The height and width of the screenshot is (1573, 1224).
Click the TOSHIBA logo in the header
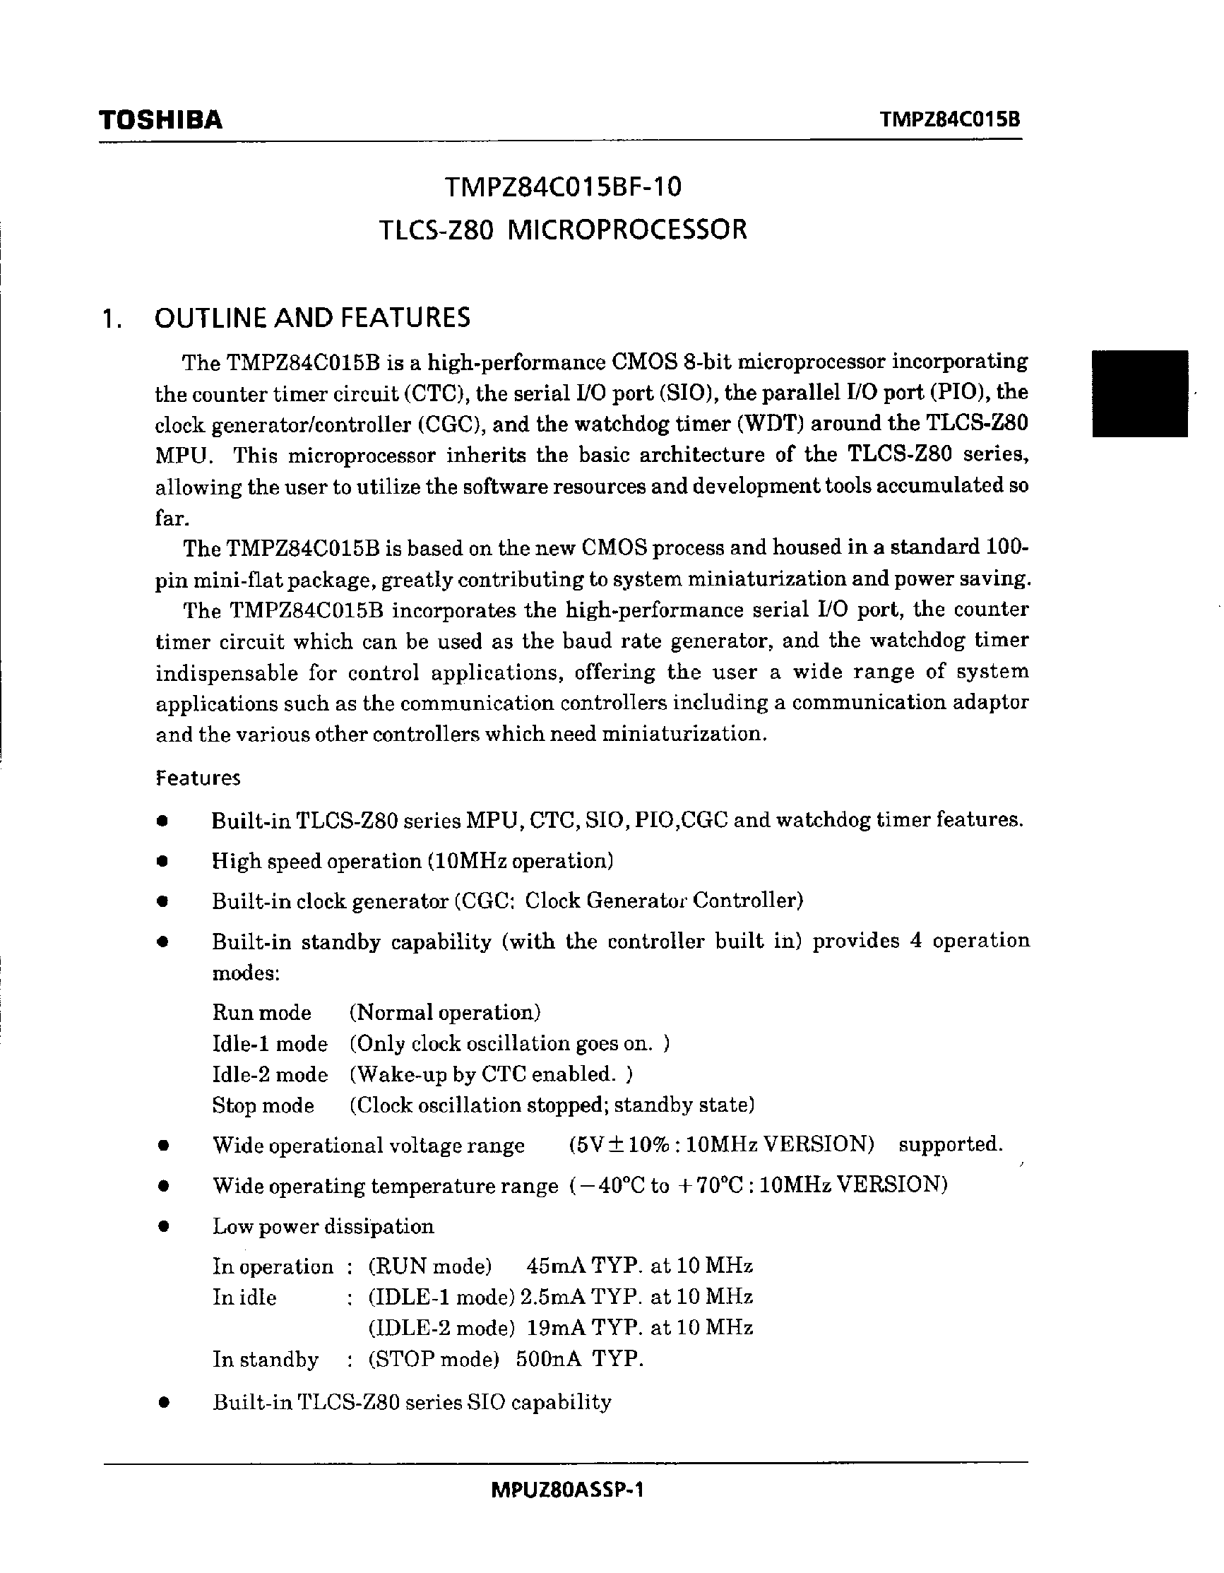click(160, 119)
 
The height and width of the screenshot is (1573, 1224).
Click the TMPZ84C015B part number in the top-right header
click(951, 119)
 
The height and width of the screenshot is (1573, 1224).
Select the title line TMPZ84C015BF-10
click(562, 188)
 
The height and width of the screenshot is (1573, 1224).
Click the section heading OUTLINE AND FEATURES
click(312, 318)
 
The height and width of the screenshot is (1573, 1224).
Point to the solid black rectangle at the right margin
click(1140, 393)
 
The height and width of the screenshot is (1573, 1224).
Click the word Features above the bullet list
click(198, 778)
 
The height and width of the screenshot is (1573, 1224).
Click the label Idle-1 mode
click(270, 1044)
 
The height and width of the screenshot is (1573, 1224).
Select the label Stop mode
click(263, 1105)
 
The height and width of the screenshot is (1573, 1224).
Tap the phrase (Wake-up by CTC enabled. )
click(491, 1074)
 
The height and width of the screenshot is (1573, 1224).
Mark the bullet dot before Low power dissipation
click(164, 1227)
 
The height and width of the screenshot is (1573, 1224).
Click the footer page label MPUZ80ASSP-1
click(566, 1490)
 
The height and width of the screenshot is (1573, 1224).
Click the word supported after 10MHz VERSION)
click(951, 1144)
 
